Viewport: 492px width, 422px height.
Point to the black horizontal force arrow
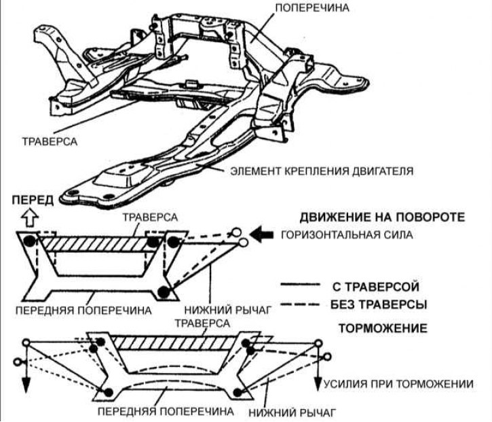click(261, 235)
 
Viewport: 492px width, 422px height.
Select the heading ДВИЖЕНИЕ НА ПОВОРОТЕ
click(383, 217)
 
